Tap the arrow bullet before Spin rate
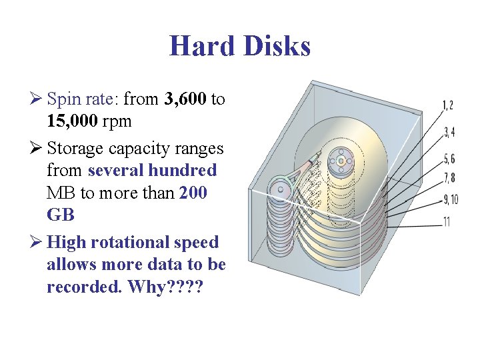click(x=37, y=100)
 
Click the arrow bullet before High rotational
click(x=37, y=242)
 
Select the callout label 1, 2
click(x=448, y=105)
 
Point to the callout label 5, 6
click(x=449, y=159)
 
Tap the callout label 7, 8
click(x=449, y=177)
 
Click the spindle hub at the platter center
click(x=341, y=161)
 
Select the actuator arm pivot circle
click(x=280, y=189)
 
